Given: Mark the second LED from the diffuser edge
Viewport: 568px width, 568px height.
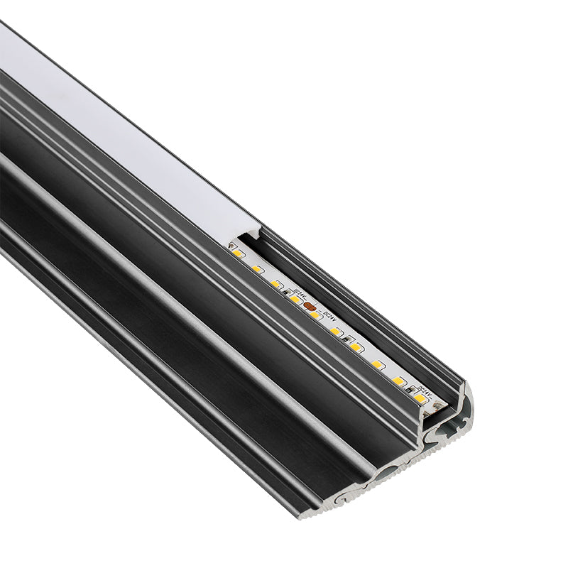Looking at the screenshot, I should [x=257, y=268].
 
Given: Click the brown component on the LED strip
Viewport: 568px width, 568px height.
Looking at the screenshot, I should [x=310, y=306].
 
